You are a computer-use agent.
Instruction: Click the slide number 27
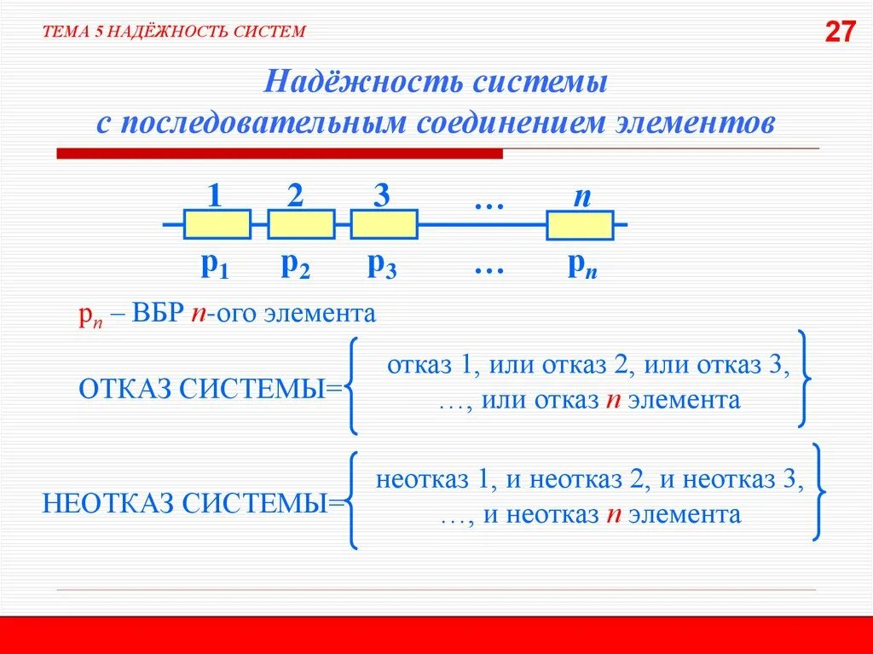point(840,32)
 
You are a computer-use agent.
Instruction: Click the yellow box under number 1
point(217,224)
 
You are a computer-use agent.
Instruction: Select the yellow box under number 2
point(301,224)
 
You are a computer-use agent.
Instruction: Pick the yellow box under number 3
point(384,224)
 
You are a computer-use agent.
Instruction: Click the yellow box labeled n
point(580,225)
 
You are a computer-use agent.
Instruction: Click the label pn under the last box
point(582,267)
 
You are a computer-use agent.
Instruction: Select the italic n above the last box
point(582,196)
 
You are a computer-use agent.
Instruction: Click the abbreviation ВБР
point(158,313)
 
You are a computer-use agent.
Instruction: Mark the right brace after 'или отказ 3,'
point(804,378)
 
